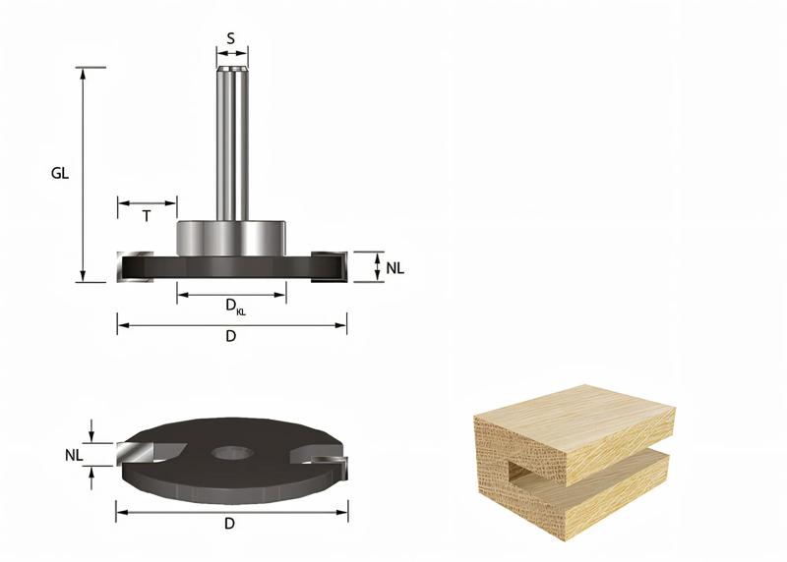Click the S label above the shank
230,38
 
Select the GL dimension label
60,173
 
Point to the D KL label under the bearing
235,307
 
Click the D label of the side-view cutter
231,336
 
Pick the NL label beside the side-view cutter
394,267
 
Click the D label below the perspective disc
230,524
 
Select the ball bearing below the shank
231,237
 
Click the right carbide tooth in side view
329,266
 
